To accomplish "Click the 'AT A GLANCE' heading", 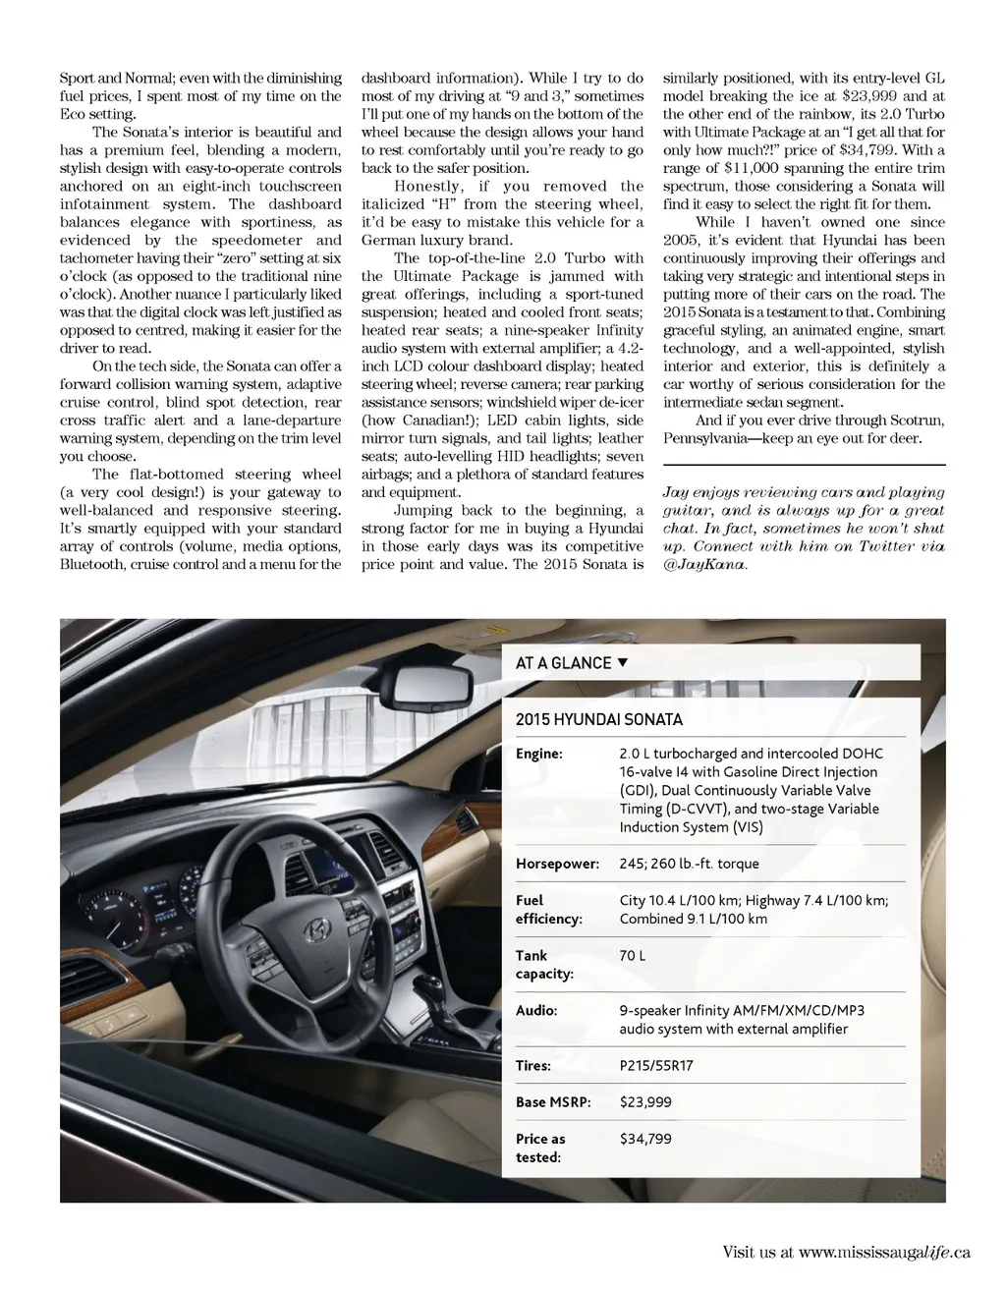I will (563, 663).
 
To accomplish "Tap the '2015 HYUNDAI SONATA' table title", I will (598, 719).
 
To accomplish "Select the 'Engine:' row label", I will (539, 754).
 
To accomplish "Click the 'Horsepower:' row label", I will (557, 864).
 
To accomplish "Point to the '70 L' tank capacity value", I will (632, 955).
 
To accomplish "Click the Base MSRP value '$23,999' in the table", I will (645, 1101).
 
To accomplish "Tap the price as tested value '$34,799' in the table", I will (645, 1139).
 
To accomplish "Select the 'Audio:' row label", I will (536, 1010).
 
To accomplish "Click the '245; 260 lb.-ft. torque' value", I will (689, 864).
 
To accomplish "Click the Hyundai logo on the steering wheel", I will (316, 929).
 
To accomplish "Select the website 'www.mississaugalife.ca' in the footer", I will (884, 1252).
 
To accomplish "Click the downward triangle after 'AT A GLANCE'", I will (622, 663).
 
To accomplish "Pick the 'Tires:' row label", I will (533, 1065).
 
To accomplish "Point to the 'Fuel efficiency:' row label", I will (548, 909).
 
